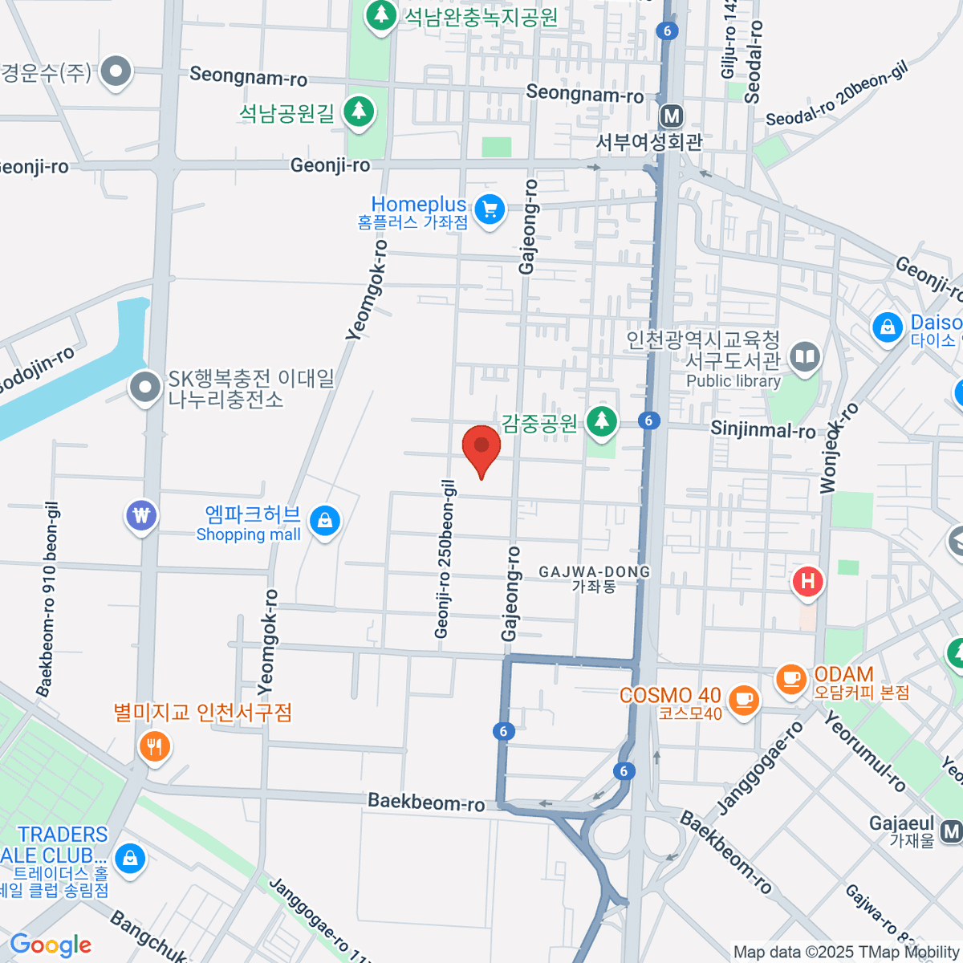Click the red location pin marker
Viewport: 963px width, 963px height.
coord(481,448)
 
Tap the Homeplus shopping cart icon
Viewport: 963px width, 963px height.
coord(490,210)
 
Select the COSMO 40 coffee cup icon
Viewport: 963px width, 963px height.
coord(744,699)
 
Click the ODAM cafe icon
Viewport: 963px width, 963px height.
coord(791,680)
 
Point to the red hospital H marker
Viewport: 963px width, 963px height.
coord(808,582)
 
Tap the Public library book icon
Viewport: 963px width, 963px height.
coord(804,357)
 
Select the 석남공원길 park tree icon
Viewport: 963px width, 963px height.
coord(359,112)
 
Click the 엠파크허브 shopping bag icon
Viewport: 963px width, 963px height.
coord(324,521)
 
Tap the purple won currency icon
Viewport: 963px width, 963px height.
coord(142,515)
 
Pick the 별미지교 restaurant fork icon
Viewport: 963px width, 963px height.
coord(154,747)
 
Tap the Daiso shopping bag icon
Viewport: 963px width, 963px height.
coord(888,328)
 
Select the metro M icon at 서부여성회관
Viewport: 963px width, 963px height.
coord(672,117)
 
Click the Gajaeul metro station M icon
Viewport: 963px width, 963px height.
coord(952,831)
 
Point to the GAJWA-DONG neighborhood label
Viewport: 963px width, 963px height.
coord(595,579)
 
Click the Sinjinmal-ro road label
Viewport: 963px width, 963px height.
coord(762,430)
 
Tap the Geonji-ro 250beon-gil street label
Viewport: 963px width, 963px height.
coord(445,559)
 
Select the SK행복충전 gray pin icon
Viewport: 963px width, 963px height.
coord(145,388)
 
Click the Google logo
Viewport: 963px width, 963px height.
coord(51,945)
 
